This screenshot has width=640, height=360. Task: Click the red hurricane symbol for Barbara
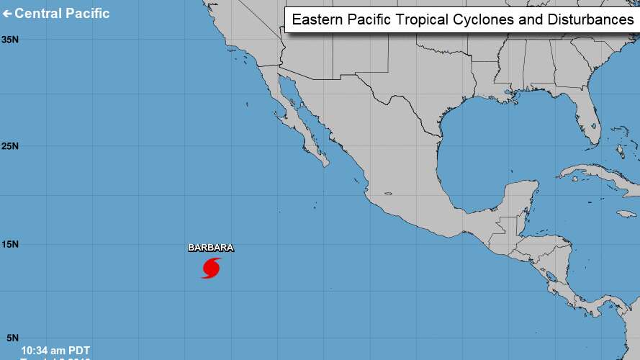pyautogui.click(x=211, y=268)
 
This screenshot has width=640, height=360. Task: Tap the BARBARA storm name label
pyautogui.click(x=211, y=248)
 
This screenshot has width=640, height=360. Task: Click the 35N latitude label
pyautogui.click(x=10, y=39)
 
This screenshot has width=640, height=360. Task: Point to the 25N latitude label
pyautogui.click(x=10, y=146)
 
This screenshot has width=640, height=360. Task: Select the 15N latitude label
pyautogui.click(x=10, y=245)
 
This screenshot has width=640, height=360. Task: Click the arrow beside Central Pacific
pyautogui.click(x=8, y=14)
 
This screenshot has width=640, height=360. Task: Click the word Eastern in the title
pyautogui.click(x=317, y=20)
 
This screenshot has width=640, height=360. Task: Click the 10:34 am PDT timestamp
pyautogui.click(x=55, y=350)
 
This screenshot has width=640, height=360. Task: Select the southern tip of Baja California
pyautogui.click(x=326, y=163)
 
